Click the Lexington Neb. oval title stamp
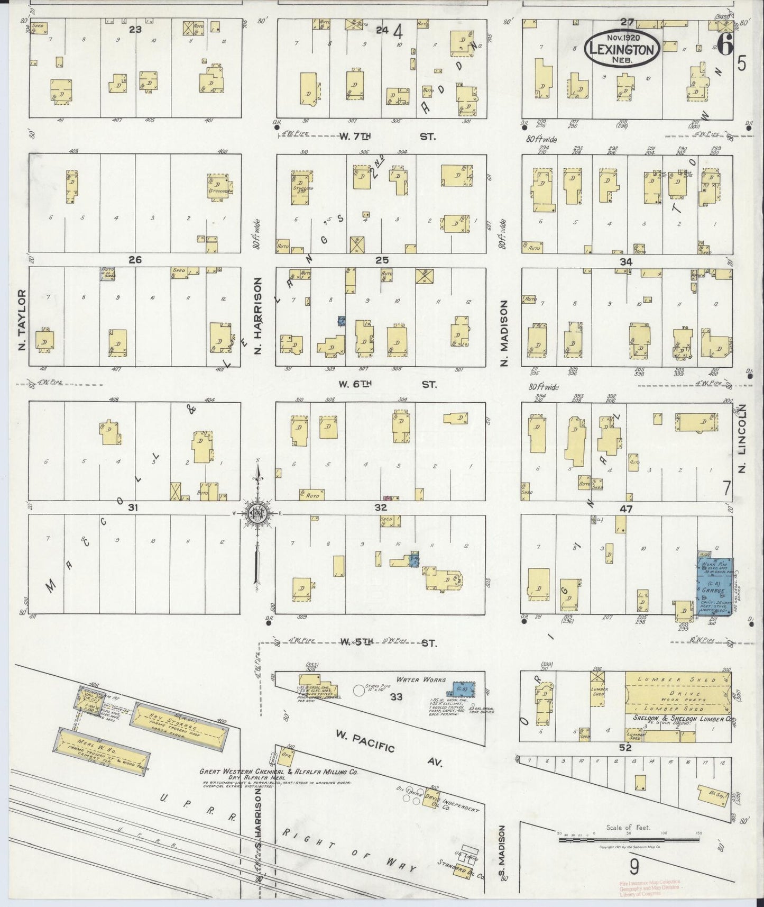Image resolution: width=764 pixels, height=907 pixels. [622, 48]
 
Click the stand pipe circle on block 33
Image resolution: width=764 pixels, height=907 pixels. [359, 690]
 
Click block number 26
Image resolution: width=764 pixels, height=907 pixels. [135, 260]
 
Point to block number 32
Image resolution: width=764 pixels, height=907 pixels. [380, 507]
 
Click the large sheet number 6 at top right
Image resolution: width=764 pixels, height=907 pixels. [725, 47]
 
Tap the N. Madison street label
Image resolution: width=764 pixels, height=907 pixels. [504, 333]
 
